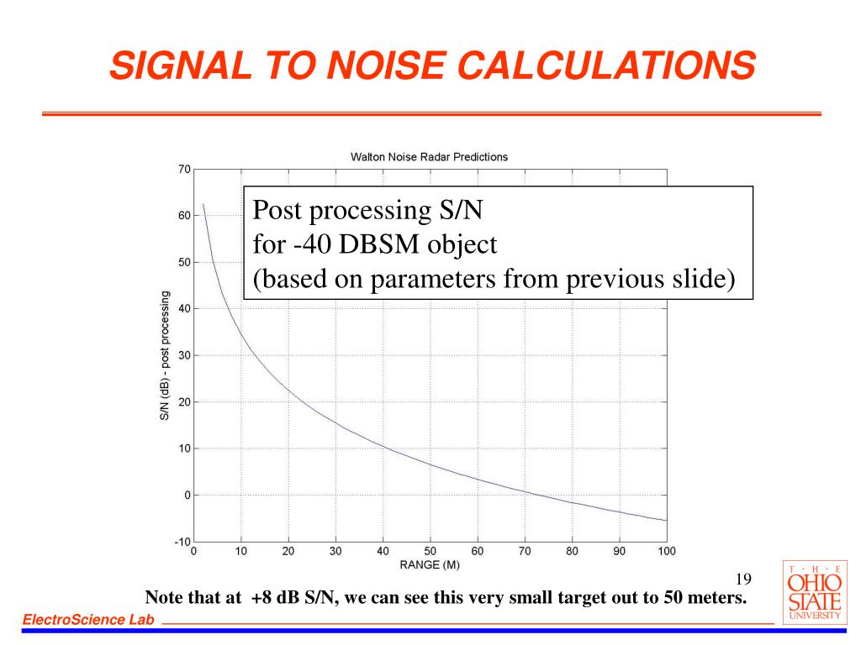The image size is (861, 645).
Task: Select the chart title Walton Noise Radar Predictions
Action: (429, 157)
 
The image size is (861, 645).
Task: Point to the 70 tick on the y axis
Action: (183, 169)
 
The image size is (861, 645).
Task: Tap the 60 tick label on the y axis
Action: (183, 216)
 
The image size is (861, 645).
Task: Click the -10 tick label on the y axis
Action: (181, 542)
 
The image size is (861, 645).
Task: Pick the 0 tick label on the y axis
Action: (186, 496)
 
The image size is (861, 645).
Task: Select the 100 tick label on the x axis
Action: (667, 552)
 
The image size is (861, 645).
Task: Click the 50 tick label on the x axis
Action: (430, 552)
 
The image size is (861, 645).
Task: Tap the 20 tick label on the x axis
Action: (288, 552)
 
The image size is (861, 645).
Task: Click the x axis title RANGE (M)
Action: (430, 564)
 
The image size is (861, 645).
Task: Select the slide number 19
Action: (742, 579)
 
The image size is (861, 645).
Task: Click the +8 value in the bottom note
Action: (261, 599)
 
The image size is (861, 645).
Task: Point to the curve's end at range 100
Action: (667, 521)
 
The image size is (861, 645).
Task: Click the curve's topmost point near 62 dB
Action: (203, 204)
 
